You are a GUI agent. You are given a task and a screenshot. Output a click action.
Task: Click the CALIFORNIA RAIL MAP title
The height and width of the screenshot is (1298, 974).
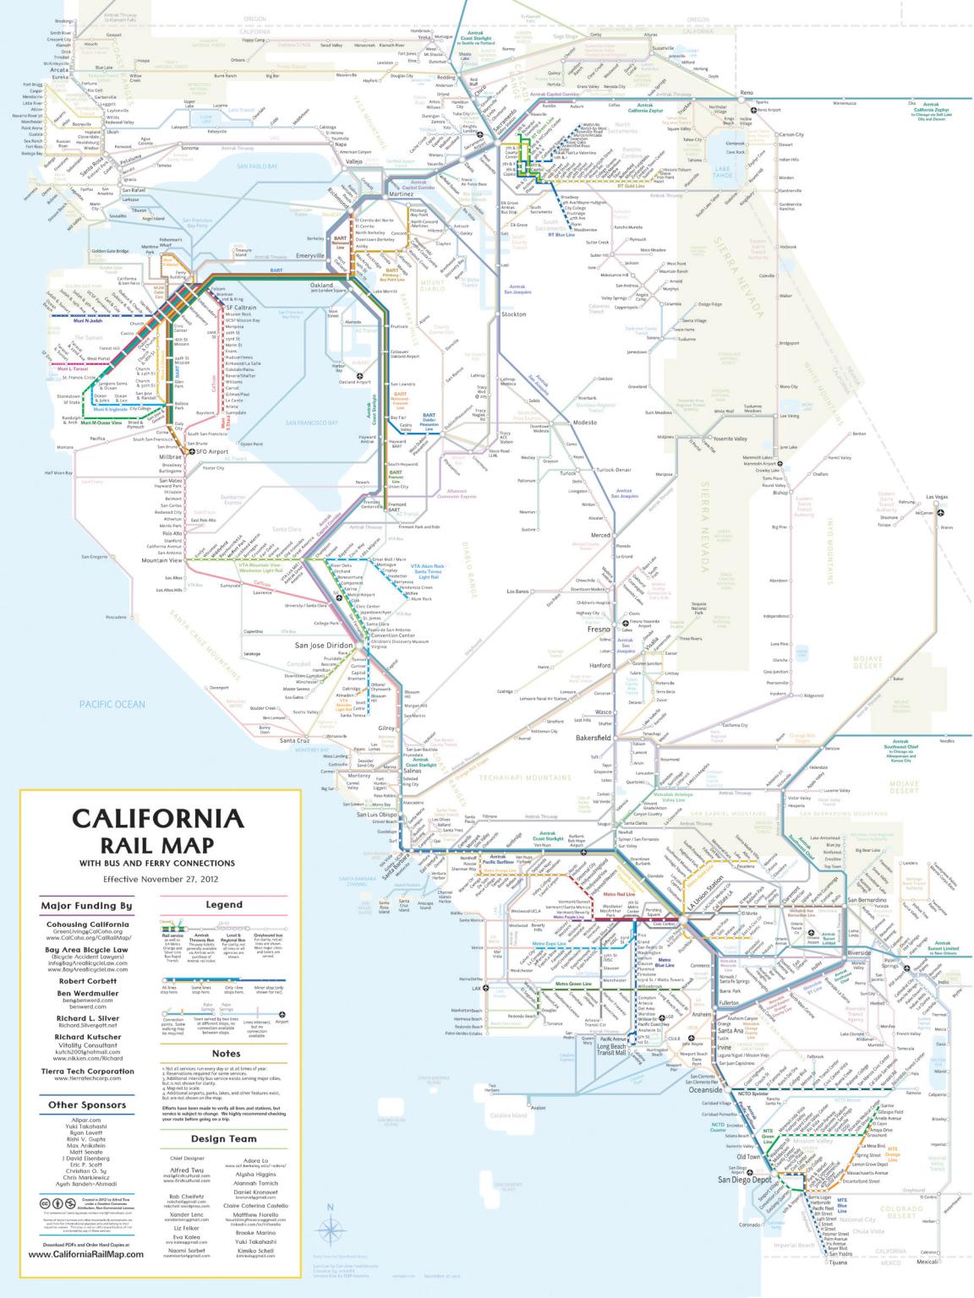pyautogui.click(x=157, y=832)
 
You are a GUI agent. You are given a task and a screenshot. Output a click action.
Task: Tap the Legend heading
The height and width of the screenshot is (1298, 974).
pyautogui.click(x=224, y=904)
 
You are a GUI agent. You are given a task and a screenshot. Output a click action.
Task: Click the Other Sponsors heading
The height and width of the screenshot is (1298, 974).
pyautogui.click(x=86, y=1104)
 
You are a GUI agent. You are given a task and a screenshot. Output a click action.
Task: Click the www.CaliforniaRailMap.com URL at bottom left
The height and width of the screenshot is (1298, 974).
pyautogui.click(x=86, y=1279)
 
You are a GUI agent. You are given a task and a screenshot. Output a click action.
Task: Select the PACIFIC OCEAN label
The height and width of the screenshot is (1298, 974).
pyautogui.click(x=112, y=704)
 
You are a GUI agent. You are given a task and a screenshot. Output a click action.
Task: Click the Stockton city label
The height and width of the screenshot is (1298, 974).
pyautogui.click(x=513, y=314)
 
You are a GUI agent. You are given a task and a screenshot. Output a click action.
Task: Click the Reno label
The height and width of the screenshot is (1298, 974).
pyautogui.click(x=746, y=91)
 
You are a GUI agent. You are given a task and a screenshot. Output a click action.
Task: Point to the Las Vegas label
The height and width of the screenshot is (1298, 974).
pyautogui.click(x=938, y=497)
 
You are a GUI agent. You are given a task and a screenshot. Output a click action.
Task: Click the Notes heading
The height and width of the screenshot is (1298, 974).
pyautogui.click(x=226, y=1053)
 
